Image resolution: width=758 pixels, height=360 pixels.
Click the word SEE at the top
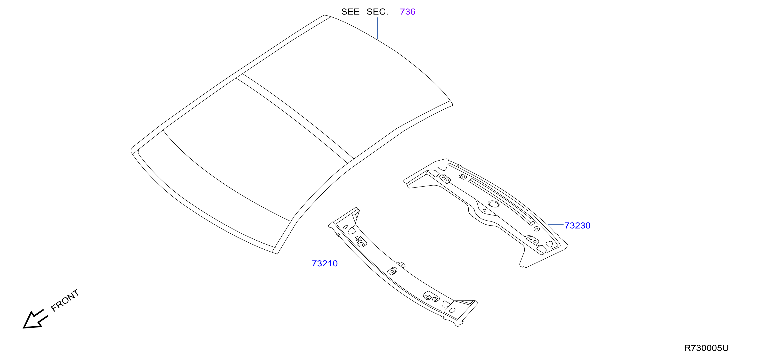pyautogui.click(x=350, y=12)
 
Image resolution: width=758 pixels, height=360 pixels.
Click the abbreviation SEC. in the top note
pyautogui.click(x=377, y=12)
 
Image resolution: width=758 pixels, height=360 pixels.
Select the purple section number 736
pyautogui.click(x=408, y=12)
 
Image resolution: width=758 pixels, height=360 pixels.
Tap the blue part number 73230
pyautogui.click(x=577, y=225)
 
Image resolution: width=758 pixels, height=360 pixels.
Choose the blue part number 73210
pyautogui.click(x=325, y=263)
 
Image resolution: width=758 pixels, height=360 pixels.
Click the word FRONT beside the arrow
pyautogui.click(x=65, y=300)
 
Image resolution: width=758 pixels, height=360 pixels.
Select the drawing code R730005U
pyautogui.click(x=706, y=348)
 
